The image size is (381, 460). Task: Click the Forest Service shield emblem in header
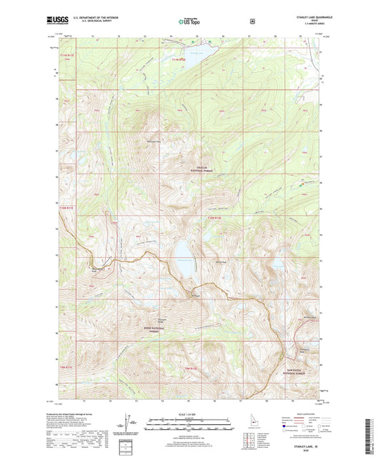coord(252,21)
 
